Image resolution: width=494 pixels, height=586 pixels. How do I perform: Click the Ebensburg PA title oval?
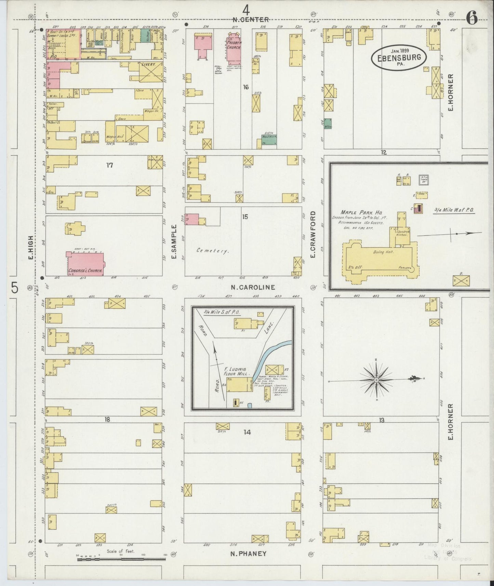[399, 57]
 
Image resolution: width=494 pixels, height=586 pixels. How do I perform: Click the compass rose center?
[376, 380]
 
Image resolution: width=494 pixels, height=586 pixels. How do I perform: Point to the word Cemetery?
[212, 251]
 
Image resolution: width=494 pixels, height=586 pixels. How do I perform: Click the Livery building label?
[148, 64]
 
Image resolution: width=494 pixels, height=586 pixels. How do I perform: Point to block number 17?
[109, 165]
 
